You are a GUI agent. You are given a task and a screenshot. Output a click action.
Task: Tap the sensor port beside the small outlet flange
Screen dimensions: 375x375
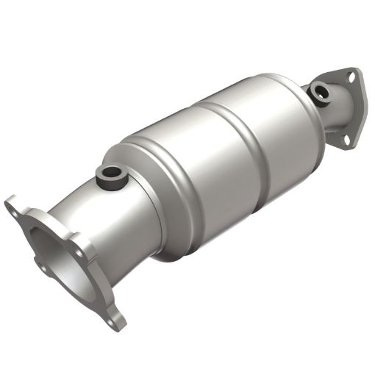320,92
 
